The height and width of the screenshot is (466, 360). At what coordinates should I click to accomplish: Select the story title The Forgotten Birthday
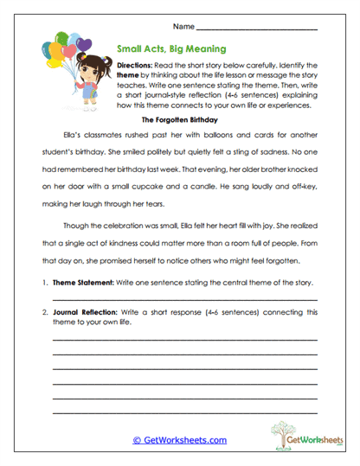(x=180, y=120)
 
